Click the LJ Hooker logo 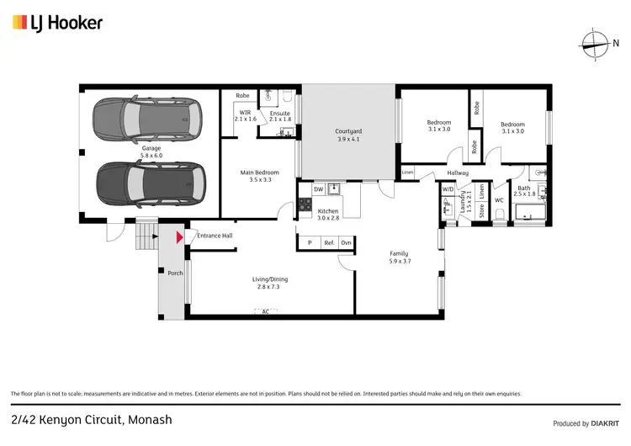click(x=57, y=23)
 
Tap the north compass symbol click(x=594, y=44)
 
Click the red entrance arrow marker click(x=178, y=238)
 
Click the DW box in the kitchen click(x=318, y=189)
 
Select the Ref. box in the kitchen click(x=329, y=242)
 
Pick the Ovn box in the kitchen click(x=346, y=242)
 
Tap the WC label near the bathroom click(x=499, y=199)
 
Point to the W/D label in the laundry click(x=447, y=189)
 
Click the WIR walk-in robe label click(x=245, y=112)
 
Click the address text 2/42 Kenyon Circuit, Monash click(x=80, y=418)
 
